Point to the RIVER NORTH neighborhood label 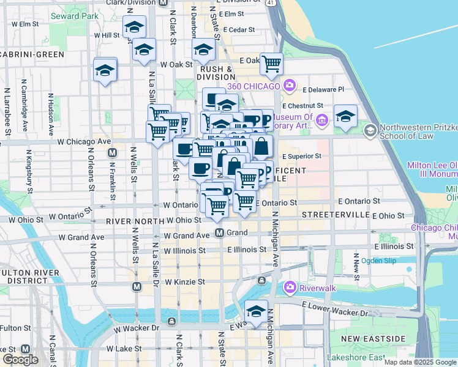[132, 220]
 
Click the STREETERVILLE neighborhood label [335, 216]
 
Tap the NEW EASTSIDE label [373, 339]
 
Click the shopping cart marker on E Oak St [271, 64]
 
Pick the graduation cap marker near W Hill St [134, 28]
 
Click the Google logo [20, 360]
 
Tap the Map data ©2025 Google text [420, 362]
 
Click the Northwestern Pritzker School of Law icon [370, 130]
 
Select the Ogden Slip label [378, 261]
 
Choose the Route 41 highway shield [271, 3]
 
